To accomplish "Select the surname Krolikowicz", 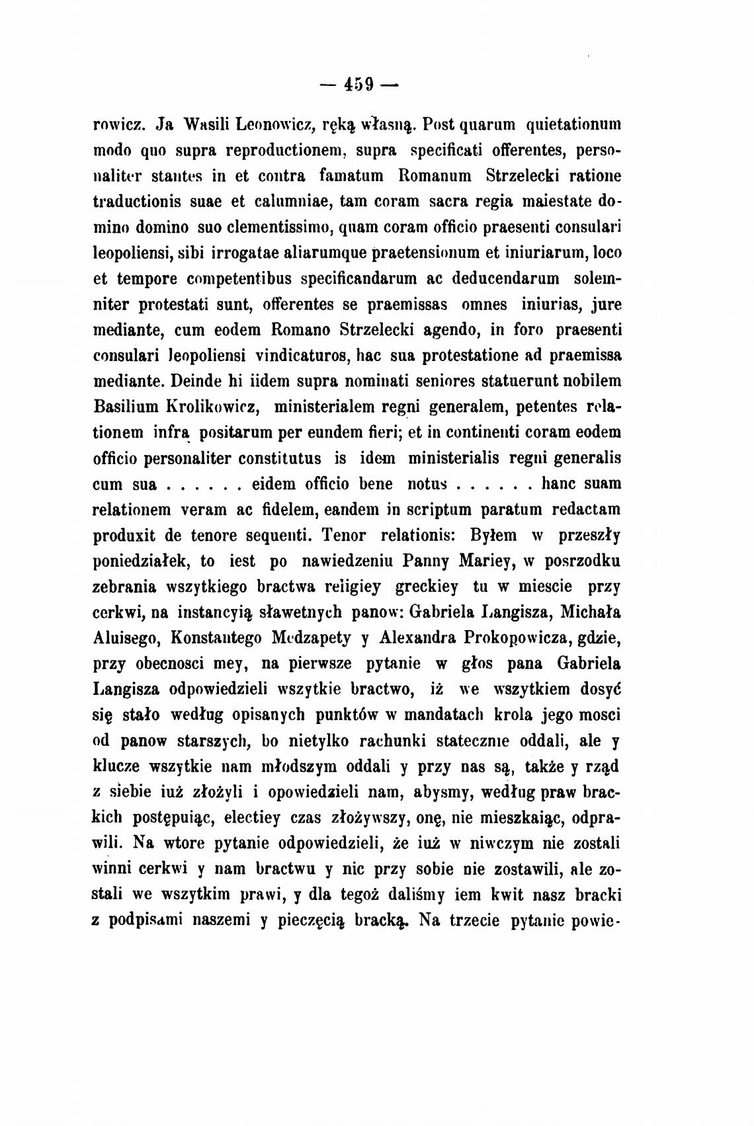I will [x=209, y=407].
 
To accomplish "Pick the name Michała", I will [x=589, y=612].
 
